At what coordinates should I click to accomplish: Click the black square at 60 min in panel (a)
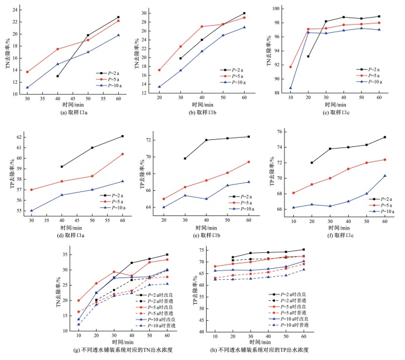tap(118, 18)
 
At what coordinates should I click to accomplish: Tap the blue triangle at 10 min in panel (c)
tap(291, 88)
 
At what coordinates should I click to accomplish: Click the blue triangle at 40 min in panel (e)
tap(206, 199)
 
